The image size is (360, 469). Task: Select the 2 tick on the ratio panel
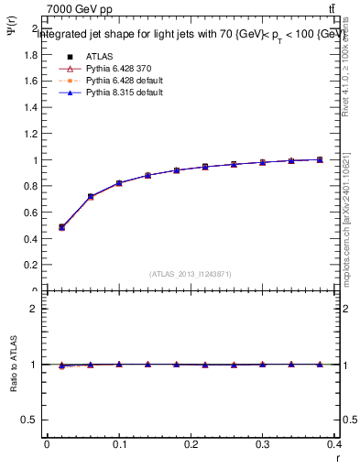[33, 309]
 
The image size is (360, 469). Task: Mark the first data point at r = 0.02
[61, 227]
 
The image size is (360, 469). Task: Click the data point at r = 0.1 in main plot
[119, 183]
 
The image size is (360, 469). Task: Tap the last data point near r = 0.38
[320, 159]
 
